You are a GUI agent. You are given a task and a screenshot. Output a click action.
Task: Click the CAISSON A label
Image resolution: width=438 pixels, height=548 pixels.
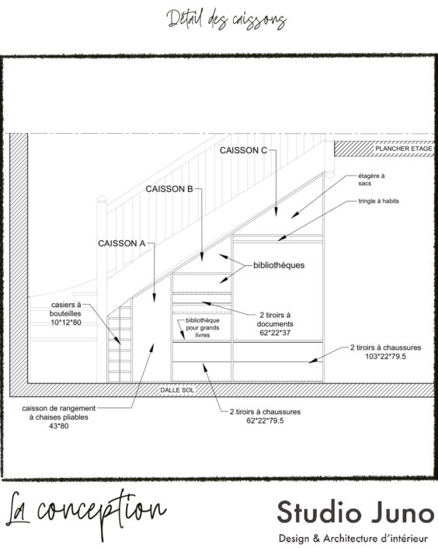[x=121, y=243]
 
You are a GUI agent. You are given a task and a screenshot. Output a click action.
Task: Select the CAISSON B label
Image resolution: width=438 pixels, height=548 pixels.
[x=169, y=189]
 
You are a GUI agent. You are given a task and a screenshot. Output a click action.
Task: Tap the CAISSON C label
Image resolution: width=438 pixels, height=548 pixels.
[x=243, y=150]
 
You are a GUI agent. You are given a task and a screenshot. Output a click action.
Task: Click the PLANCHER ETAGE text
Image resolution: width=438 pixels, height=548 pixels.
[x=403, y=148]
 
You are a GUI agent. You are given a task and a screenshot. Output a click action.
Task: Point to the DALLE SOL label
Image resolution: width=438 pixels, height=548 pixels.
[x=177, y=390]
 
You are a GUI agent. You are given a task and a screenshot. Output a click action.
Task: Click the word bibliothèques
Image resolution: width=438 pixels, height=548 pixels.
[x=279, y=265]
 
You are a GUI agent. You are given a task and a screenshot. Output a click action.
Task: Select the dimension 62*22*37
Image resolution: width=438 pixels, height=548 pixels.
[x=275, y=333]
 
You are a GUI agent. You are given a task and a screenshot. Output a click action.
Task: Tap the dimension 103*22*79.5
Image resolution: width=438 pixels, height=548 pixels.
[x=386, y=357]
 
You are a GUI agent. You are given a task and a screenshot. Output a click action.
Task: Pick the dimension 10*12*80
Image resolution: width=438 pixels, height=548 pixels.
[x=66, y=323]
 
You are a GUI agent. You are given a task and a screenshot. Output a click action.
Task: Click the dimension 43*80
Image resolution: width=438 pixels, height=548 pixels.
[x=59, y=427]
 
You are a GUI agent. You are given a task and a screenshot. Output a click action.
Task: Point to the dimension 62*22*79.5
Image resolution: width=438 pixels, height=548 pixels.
[x=265, y=421]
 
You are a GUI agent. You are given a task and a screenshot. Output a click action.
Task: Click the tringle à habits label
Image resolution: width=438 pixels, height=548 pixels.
[x=378, y=201]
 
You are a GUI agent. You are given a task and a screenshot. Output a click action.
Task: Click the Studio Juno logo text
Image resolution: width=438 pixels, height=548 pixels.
[x=356, y=512]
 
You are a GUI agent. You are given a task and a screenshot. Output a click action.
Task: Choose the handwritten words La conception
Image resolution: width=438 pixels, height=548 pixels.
[x=86, y=513]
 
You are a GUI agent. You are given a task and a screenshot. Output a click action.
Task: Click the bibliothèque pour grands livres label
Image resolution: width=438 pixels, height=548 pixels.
[x=203, y=328]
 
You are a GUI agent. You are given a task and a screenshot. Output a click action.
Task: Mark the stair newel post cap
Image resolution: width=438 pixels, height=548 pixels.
[x=102, y=200]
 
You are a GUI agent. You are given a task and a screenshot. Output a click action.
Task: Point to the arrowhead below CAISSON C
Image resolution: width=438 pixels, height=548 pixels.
[x=276, y=211]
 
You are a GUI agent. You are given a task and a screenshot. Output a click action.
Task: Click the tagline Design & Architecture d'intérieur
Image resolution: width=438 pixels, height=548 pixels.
[x=353, y=539]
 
